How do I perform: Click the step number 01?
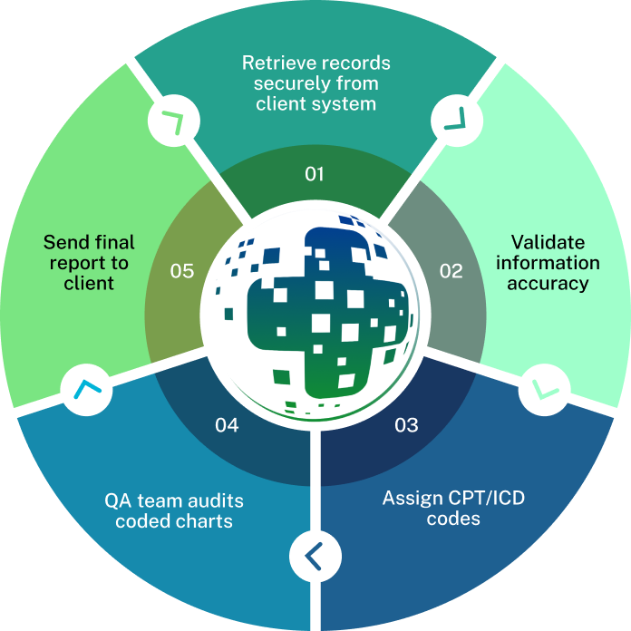315,174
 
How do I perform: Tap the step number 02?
451,270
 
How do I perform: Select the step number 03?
406,424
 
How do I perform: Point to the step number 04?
227,424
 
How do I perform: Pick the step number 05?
182,270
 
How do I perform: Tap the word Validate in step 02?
548,242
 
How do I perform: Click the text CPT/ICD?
492,499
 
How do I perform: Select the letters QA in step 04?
117,500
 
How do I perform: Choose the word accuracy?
548,283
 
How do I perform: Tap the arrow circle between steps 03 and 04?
315,554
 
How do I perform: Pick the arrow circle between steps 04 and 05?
86,391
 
